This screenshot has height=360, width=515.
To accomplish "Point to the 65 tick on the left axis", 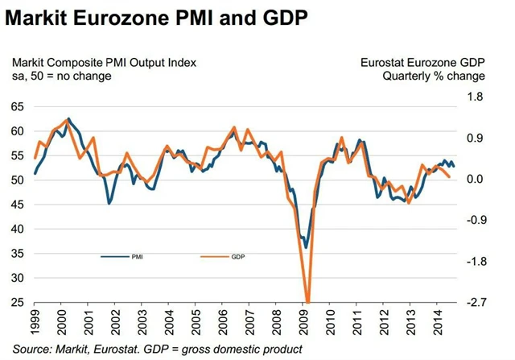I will coord(18,106).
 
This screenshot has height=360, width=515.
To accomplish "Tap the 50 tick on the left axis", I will coord(18,180).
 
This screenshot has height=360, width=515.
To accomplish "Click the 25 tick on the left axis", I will coord(18,302).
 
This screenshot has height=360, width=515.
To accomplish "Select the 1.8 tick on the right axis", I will coord(476,97).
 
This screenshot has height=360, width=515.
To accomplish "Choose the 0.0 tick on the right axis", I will coord(476,180).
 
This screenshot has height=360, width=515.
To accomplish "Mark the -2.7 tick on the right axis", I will coord(475,303).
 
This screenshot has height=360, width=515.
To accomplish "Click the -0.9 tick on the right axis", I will coord(475,221).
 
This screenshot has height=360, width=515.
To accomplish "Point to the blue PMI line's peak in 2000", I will coord(68,119).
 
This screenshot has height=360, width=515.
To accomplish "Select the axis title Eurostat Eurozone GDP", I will coord(422,62).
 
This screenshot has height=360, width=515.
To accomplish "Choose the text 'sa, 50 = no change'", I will coord(61,77).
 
